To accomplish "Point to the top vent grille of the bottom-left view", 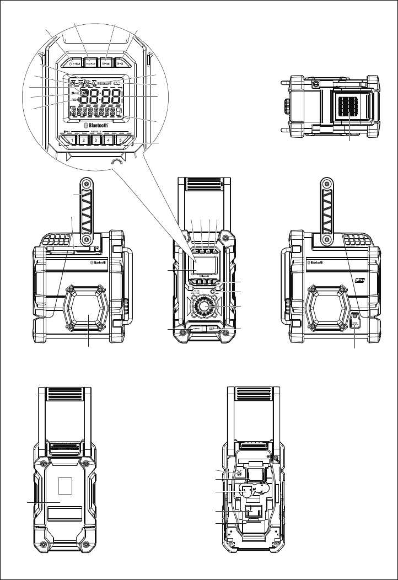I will pos(61,395).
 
